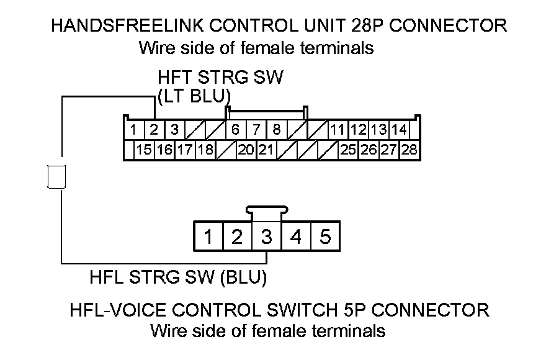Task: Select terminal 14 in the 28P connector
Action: click(399, 130)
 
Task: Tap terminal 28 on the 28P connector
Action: click(409, 150)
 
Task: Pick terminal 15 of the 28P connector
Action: click(144, 150)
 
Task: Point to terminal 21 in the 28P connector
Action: click(266, 150)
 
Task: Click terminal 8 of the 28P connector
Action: click(276, 130)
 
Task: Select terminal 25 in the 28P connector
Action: click(348, 150)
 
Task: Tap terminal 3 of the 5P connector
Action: click(266, 236)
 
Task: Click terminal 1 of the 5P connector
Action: click(208, 236)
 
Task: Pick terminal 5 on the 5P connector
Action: click(324, 236)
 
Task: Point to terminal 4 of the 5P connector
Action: click(296, 236)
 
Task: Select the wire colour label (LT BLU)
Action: click(194, 96)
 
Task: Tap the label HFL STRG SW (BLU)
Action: click(179, 277)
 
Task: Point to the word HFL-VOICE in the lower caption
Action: click(117, 309)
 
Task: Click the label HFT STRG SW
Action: click(220, 78)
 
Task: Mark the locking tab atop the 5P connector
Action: click(266, 212)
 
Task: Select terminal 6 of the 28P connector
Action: click(235, 130)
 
